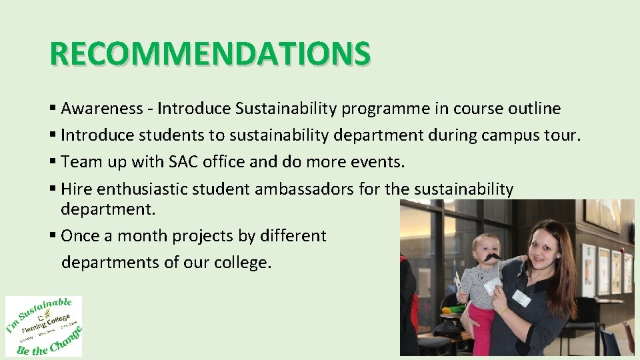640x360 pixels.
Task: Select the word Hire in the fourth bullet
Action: pyautogui.click(x=77, y=189)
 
